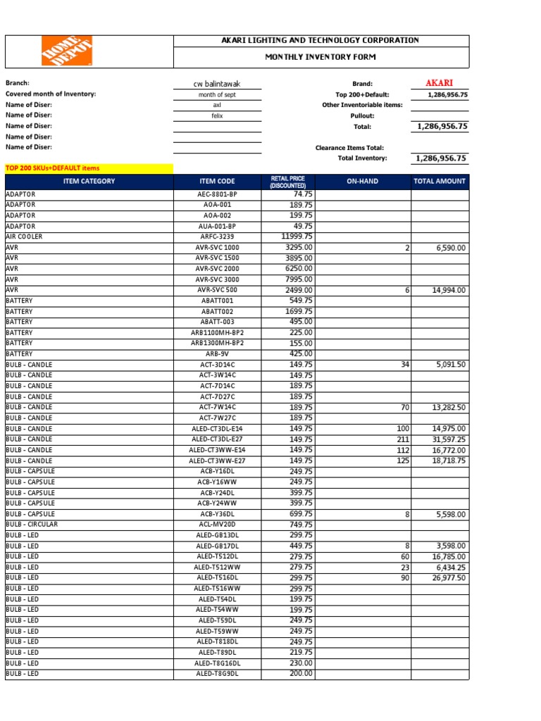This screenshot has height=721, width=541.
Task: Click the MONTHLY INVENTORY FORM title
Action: (x=320, y=56)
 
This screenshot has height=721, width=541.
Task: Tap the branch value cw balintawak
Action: (x=217, y=84)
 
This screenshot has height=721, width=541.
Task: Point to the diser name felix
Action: (x=217, y=115)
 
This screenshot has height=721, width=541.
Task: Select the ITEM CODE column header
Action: (x=217, y=182)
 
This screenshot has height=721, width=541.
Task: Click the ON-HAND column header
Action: (x=362, y=182)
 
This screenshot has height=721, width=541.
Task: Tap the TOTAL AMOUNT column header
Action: (x=440, y=182)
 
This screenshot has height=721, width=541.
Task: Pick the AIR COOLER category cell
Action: (x=24, y=237)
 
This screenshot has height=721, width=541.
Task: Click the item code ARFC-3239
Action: (x=217, y=237)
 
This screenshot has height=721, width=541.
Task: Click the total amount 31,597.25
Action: (x=448, y=439)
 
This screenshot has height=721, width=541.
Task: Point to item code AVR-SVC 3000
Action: (x=217, y=280)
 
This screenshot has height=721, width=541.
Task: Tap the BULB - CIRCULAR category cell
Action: (x=32, y=525)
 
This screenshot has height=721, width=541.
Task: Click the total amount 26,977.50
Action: (x=448, y=578)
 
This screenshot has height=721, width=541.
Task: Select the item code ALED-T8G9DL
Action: (x=217, y=674)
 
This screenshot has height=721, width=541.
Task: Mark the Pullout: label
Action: (x=363, y=115)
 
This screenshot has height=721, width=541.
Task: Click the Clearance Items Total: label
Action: (x=349, y=148)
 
